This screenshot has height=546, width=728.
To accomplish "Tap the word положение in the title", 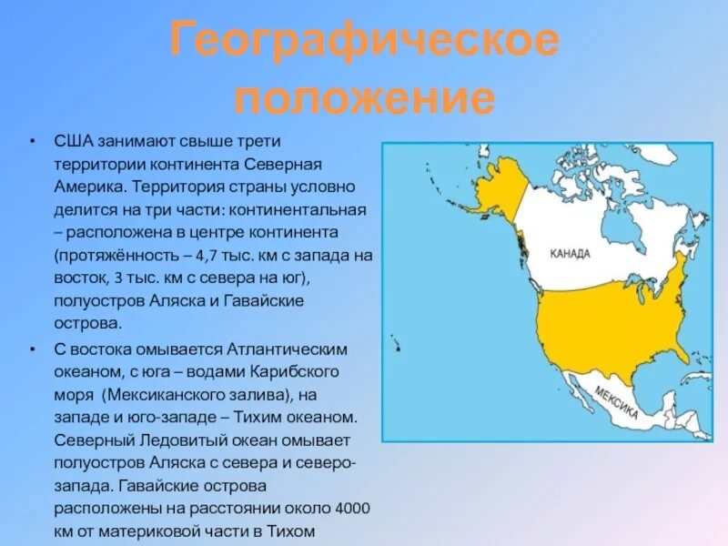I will [x=364, y=96].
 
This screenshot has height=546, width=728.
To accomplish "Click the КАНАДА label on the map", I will [x=571, y=254].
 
